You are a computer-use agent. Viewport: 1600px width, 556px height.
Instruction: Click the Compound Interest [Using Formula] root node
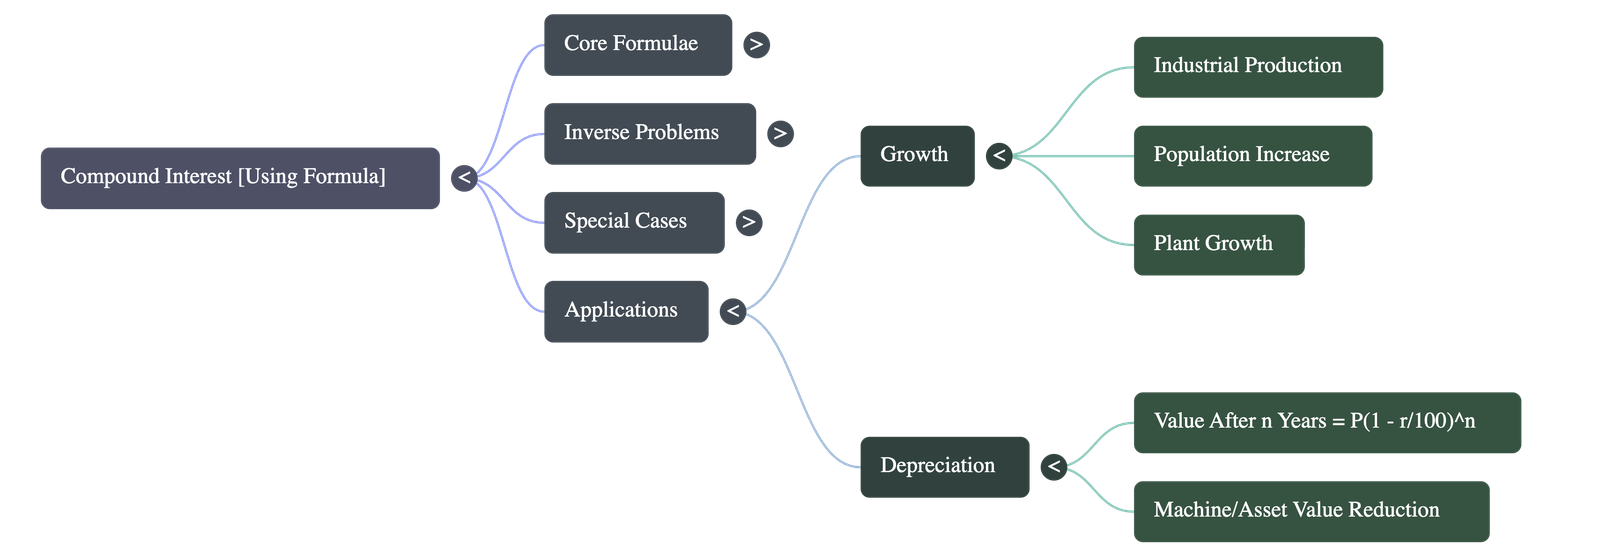click(239, 178)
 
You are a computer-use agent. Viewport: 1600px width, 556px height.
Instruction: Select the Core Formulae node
click(637, 44)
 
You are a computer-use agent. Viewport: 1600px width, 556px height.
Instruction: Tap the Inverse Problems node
click(649, 133)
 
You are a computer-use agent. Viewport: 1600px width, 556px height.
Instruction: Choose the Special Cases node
click(633, 222)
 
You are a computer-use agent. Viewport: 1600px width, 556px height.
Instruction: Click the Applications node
click(626, 311)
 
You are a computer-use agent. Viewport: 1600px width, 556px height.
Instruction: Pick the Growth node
click(916, 155)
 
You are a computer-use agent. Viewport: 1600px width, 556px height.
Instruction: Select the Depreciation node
click(943, 466)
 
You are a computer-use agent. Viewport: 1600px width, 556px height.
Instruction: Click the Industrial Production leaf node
click(1257, 66)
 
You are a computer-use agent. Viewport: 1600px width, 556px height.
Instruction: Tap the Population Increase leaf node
click(1252, 155)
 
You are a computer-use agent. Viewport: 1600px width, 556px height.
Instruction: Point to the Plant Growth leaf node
click(1217, 244)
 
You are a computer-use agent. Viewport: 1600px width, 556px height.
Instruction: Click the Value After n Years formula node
click(1326, 422)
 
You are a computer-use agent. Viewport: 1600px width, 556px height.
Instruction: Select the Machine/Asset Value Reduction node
click(1310, 511)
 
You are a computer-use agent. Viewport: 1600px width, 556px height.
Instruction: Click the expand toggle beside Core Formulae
click(756, 44)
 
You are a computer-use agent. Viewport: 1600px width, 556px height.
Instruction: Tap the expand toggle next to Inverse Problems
click(780, 133)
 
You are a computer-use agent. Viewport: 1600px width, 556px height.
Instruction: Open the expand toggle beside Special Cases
click(748, 222)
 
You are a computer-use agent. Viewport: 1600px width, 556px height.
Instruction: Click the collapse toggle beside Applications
click(733, 311)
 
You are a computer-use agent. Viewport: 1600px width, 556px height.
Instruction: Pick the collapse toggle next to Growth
click(998, 156)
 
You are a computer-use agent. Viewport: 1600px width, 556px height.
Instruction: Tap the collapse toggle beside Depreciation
click(1053, 466)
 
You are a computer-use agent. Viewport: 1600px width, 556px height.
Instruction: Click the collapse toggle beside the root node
click(463, 178)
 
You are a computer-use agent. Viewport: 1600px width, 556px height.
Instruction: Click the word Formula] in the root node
click(344, 177)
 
